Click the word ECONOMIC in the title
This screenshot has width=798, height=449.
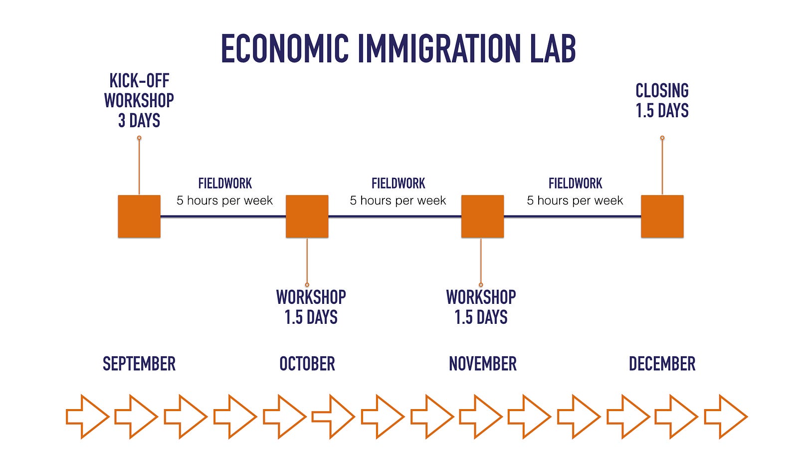tap(285, 48)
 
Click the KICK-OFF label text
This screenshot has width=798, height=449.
tap(139, 80)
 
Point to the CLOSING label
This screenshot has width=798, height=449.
tap(662, 90)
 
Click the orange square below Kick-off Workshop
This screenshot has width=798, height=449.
tap(139, 217)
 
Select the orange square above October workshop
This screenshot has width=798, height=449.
tap(307, 217)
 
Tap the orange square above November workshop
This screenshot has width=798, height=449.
tap(483, 217)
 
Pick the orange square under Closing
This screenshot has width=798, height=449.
tap(662, 217)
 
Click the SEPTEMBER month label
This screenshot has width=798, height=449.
tap(139, 364)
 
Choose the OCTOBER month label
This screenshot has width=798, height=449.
tap(307, 364)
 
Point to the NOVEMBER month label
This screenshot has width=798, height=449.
tap(483, 364)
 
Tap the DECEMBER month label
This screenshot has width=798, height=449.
tap(662, 364)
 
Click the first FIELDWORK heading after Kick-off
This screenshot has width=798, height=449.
tap(225, 184)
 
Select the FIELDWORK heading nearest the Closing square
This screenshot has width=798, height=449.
tap(576, 184)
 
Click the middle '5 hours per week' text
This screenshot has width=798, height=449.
tap(398, 201)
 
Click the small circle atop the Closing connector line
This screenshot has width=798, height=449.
tap(662, 138)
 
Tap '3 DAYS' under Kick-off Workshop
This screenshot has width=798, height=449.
tap(139, 120)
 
